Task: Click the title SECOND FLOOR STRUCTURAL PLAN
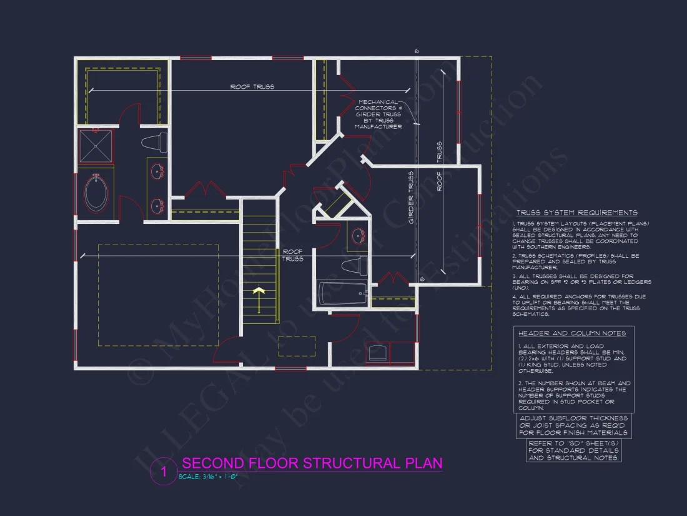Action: click(312, 463)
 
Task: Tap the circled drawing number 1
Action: click(164, 472)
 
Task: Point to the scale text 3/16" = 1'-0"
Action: click(208, 477)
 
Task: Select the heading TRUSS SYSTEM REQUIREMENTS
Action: click(576, 213)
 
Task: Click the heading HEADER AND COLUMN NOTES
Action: click(572, 333)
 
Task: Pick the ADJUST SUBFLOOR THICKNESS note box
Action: click(574, 425)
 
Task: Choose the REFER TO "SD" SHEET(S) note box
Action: click(574, 450)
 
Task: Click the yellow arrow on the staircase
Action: click(257, 291)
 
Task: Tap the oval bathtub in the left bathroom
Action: click(96, 194)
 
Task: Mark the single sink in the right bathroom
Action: click(358, 236)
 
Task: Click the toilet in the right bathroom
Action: click(353, 265)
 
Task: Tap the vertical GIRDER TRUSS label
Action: click(410, 198)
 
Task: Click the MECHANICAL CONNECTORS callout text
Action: click(378, 114)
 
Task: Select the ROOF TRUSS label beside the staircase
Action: click(293, 255)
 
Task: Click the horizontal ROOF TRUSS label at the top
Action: click(252, 87)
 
